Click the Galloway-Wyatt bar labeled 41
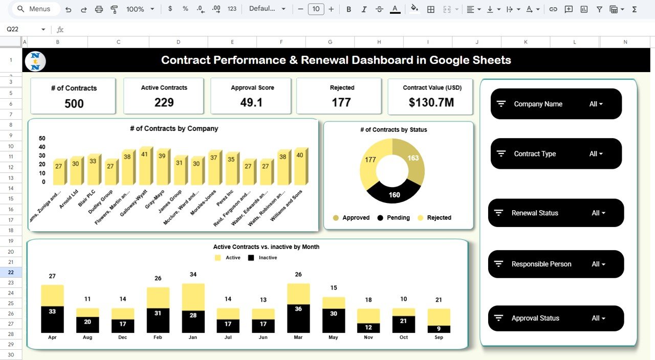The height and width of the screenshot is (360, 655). [x=146, y=167]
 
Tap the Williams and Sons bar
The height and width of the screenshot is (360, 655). [x=300, y=167]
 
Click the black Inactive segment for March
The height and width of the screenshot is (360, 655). [x=298, y=319]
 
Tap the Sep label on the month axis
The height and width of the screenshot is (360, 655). [x=439, y=338]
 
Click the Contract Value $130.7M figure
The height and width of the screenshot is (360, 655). [x=431, y=103]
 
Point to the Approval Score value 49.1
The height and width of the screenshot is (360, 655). [x=251, y=103]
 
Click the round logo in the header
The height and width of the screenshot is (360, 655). [x=35, y=61]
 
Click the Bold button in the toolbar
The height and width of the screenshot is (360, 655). [x=348, y=9]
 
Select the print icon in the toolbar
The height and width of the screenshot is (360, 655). [x=99, y=9]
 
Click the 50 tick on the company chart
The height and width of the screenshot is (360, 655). [x=42, y=138]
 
